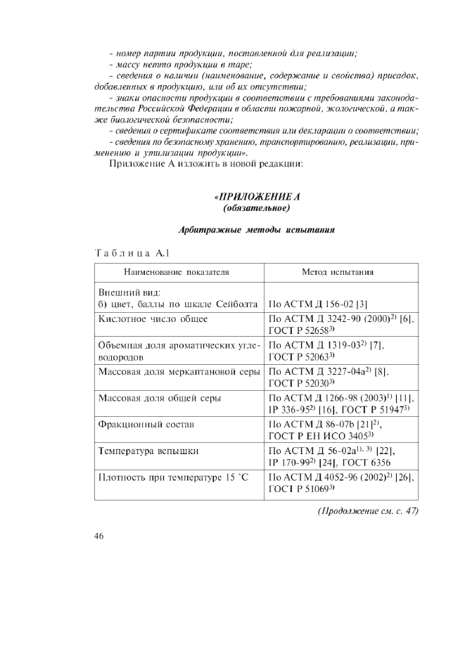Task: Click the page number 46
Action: point(99,536)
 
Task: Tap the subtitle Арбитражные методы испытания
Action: point(257,230)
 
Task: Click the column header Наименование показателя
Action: point(177,271)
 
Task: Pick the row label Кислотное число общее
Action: point(153,318)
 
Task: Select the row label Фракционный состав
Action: point(146,425)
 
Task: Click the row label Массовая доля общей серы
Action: point(159,398)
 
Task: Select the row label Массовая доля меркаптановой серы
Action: point(179,370)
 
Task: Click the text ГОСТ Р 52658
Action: point(300,330)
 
